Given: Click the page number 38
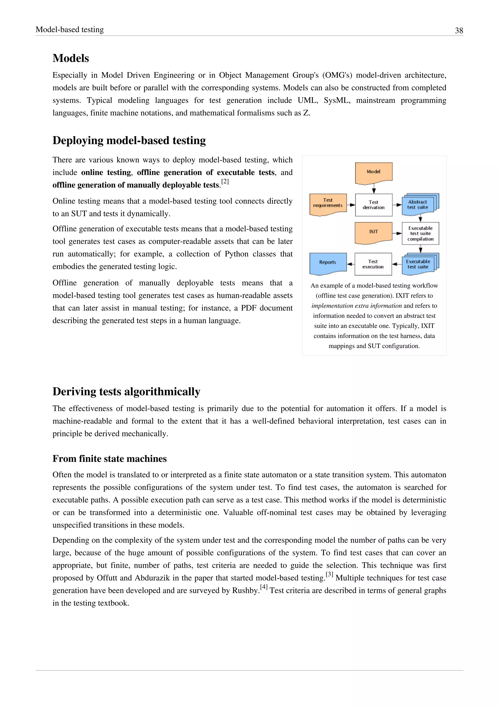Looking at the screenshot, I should coord(459,30).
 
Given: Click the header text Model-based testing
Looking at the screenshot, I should coord(70,29).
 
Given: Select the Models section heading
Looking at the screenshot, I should coord(71,58).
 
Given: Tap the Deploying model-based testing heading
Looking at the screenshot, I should coord(129,140).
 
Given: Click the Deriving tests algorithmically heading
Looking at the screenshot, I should coord(126,392).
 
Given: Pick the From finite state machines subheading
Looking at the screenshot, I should coord(109,459).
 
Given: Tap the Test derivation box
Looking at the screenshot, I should coord(374,205).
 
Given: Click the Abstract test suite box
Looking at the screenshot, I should coord(418,205).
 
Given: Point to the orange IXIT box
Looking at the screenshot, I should coord(374,232).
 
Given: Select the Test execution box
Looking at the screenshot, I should coord(373,264).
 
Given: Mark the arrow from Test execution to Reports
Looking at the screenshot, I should coord(351,264).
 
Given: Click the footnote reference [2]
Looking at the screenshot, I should coord(225,181).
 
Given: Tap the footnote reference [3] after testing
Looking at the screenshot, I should coord(329,574).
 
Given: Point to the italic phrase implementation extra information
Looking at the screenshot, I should coord(356,306).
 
